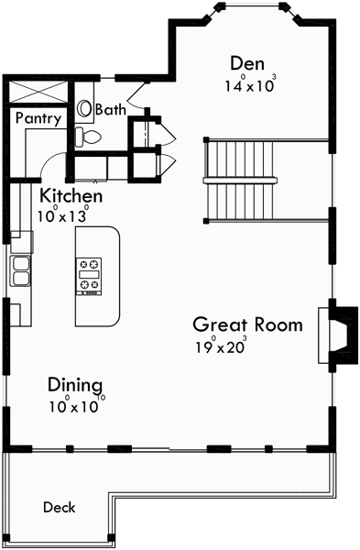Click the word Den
tap(247, 63)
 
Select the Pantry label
tap(38, 118)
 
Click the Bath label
tap(110, 109)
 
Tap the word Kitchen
tap(71, 196)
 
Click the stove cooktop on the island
tap(91, 275)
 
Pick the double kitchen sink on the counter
tap(20, 269)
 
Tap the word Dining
tap(75, 385)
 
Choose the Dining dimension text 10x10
tap(75, 406)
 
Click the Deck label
tap(59, 507)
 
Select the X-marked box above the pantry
tap(38, 92)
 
